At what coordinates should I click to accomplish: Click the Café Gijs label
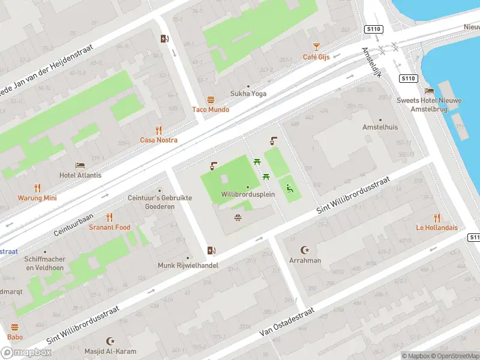click(316, 57)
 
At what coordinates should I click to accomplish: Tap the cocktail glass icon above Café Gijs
click(316, 46)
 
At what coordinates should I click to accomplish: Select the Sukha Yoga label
click(248, 94)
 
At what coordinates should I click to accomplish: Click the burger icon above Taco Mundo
click(211, 99)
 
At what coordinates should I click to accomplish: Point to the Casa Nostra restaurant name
click(158, 140)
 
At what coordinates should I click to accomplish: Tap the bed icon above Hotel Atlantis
click(80, 165)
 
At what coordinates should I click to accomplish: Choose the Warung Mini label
click(37, 198)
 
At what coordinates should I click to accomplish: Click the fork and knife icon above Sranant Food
click(109, 217)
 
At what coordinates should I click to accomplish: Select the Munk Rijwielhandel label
click(188, 265)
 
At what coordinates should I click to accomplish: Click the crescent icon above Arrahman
click(305, 250)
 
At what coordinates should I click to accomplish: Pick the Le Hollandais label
click(437, 227)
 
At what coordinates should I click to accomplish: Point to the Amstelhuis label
click(380, 127)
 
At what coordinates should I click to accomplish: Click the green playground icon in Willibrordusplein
click(289, 188)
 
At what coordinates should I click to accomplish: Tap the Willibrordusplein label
click(247, 195)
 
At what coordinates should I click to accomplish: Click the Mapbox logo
click(26, 353)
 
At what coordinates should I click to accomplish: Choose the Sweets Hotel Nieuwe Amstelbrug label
click(425, 105)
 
